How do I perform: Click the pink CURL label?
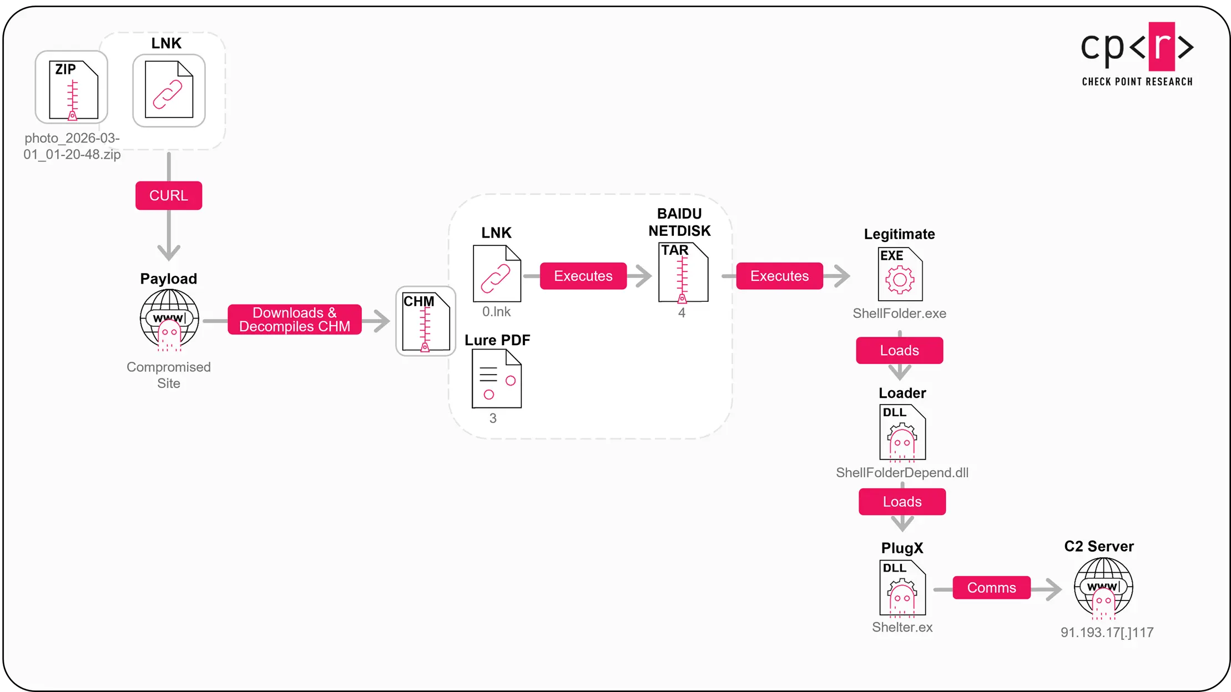[x=169, y=195]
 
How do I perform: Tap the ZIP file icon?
[x=73, y=90]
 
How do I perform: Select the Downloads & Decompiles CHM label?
[x=294, y=320]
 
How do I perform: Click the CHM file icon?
[x=426, y=322]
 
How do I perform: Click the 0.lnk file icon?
[x=497, y=274]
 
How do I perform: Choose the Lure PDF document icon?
[x=496, y=379]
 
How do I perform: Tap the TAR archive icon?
[x=683, y=273]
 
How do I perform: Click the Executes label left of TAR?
[x=583, y=276]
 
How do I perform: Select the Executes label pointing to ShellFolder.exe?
[x=779, y=276]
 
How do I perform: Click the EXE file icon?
[x=900, y=274]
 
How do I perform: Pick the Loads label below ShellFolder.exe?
[x=899, y=351]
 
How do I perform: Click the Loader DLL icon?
[x=902, y=433]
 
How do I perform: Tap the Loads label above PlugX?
[x=902, y=502]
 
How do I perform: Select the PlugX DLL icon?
[x=902, y=588]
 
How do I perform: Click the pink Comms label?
[x=991, y=588]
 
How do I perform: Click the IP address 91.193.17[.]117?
[x=1107, y=633]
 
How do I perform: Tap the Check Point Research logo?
[x=1137, y=54]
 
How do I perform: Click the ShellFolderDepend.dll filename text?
[x=902, y=473]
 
